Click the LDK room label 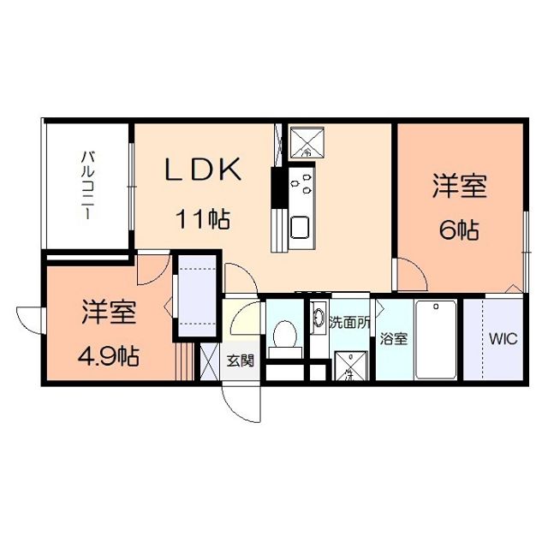203,170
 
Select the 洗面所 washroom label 349,323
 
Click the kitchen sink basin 301,229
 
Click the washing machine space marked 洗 348,366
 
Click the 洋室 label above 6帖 458,187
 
